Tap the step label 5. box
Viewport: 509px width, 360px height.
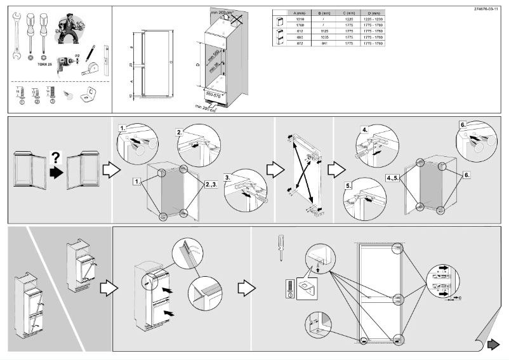[x=349, y=187]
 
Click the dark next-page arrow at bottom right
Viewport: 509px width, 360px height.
[x=492, y=345]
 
